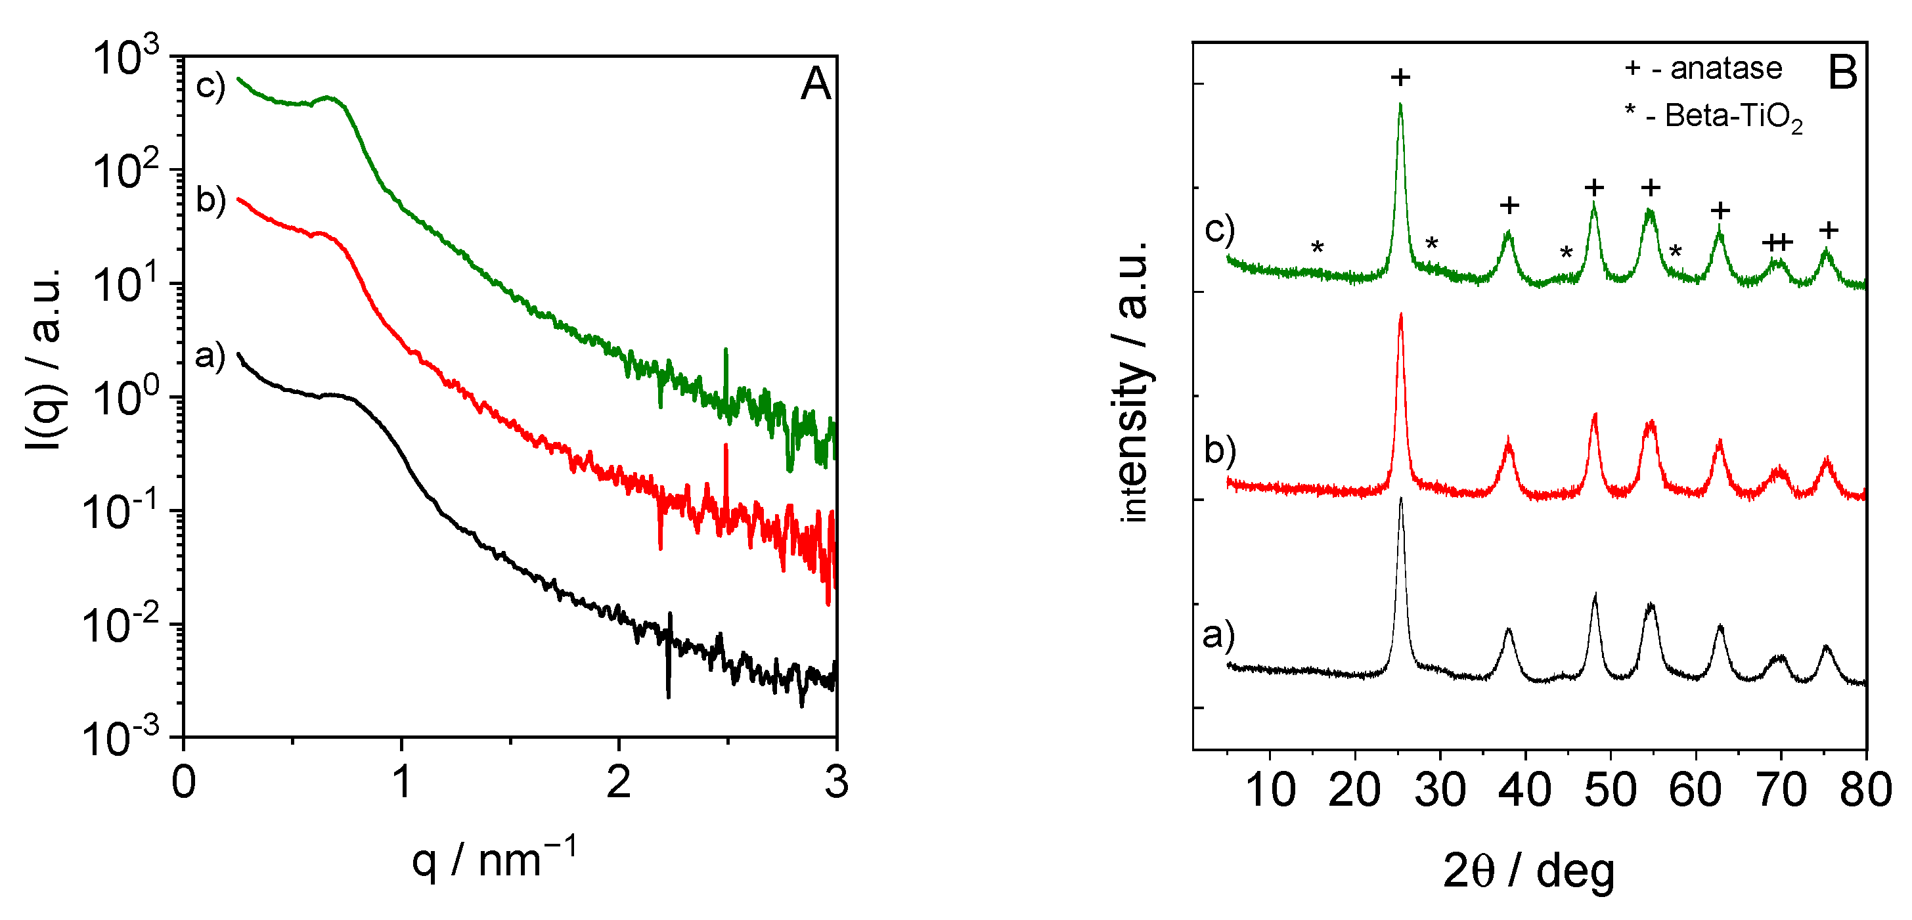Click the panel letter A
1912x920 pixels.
click(x=815, y=84)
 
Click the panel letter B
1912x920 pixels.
click(x=1842, y=73)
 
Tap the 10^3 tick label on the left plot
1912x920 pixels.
click(x=125, y=57)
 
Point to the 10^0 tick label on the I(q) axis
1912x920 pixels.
click(x=125, y=398)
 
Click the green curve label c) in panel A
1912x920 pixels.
click(x=210, y=86)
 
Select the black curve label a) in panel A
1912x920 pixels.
click(x=210, y=356)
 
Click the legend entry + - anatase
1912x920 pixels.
click(x=1703, y=68)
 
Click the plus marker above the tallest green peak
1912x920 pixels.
click(x=1400, y=77)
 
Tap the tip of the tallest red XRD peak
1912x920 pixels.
click(x=1400, y=315)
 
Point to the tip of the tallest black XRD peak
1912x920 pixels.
click(x=1400, y=498)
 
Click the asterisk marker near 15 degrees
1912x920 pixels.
click(x=1317, y=247)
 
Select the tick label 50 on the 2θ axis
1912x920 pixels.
click(x=1610, y=789)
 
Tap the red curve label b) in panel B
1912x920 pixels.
click(x=1220, y=450)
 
